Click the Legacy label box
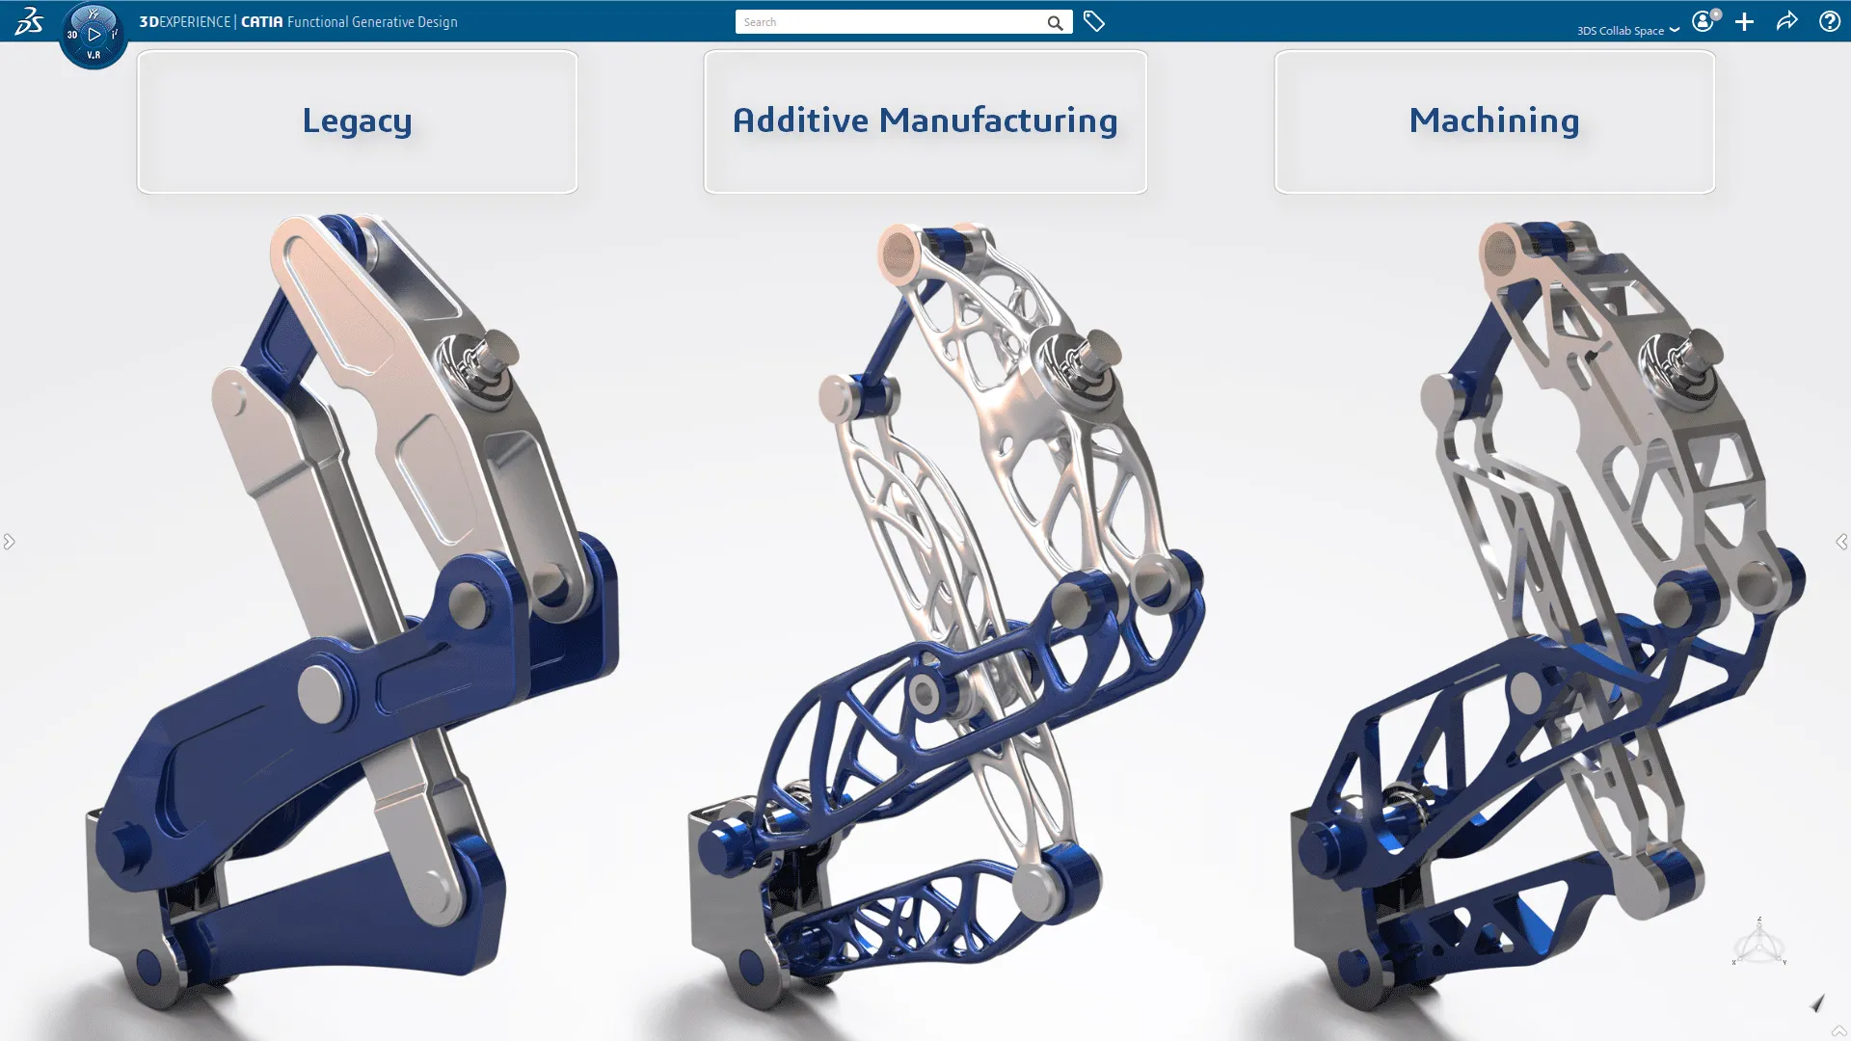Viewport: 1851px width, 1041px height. tap(357, 122)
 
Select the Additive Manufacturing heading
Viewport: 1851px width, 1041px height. tap(925, 120)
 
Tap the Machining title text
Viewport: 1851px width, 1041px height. tap(1493, 120)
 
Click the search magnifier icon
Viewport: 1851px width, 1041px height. tap(1055, 22)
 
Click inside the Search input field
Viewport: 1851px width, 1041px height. tap(887, 22)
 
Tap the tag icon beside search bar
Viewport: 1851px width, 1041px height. tap(1093, 21)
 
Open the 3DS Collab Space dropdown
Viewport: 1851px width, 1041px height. tap(1627, 30)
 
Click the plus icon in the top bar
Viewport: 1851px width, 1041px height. tap(1744, 21)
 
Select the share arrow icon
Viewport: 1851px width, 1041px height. tap(1786, 21)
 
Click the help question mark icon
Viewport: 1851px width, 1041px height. tap(1829, 21)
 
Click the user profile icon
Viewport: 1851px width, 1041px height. tap(1703, 21)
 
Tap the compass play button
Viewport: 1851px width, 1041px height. tap(94, 35)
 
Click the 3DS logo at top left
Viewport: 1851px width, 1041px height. tap(28, 21)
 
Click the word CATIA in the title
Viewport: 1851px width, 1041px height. tap(261, 21)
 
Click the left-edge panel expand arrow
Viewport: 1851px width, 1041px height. tap(9, 542)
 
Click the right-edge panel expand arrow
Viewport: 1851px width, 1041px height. tap(1841, 542)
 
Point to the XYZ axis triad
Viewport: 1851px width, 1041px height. tap(1758, 943)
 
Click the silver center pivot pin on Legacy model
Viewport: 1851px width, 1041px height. tap(319, 692)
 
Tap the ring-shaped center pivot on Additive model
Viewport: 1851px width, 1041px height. tap(925, 693)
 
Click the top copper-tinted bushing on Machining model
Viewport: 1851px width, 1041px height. tap(1500, 253)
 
